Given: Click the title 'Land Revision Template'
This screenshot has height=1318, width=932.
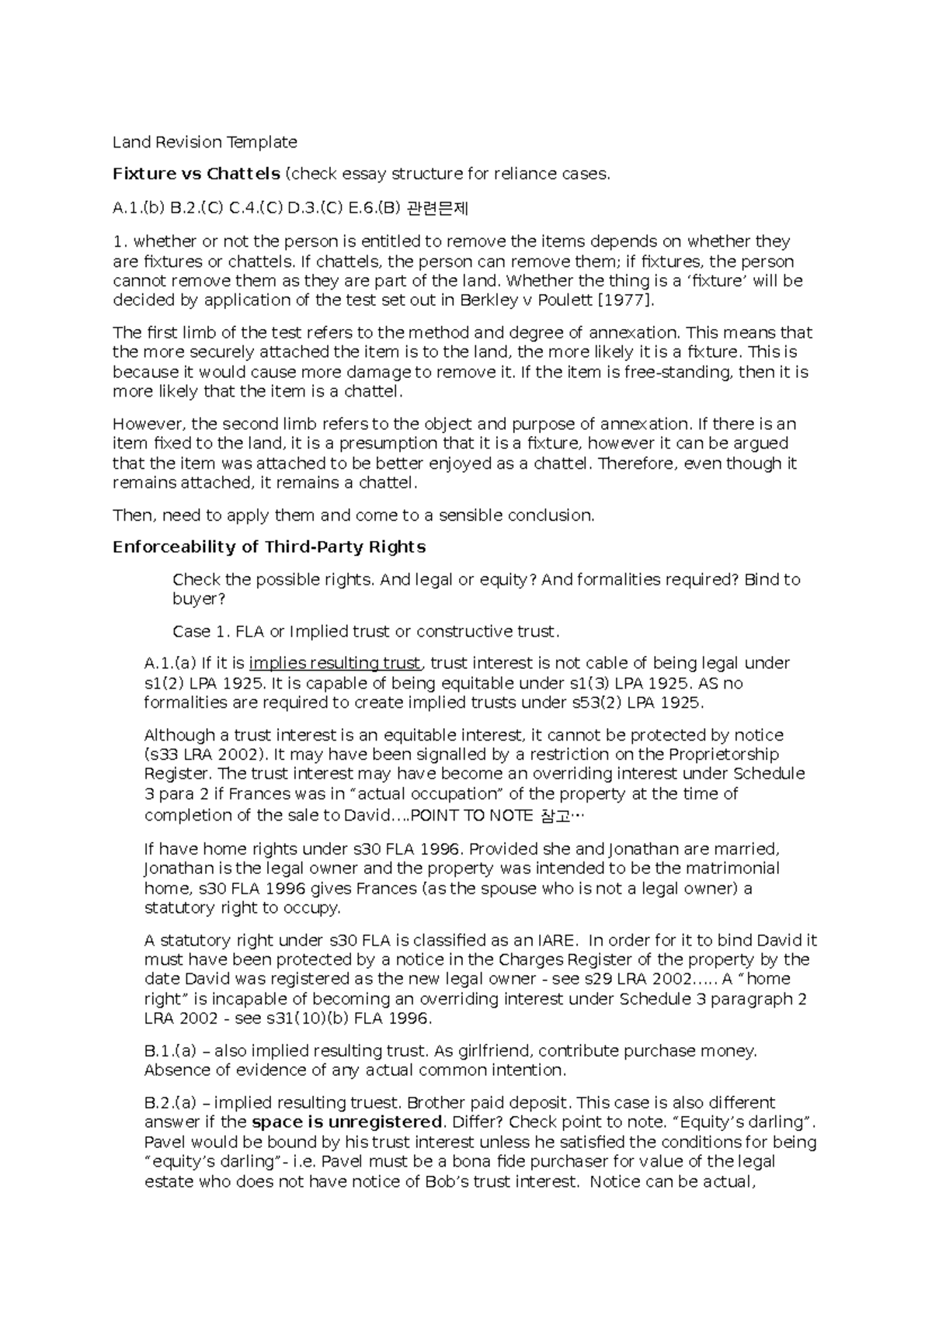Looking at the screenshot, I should click(204, 142).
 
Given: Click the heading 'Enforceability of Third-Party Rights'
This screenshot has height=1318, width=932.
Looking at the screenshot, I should click(269, 547).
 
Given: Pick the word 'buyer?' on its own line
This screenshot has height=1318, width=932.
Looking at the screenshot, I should click(199, 599).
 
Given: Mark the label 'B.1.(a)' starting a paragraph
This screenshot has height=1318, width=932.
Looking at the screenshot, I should click(170, 1051).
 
